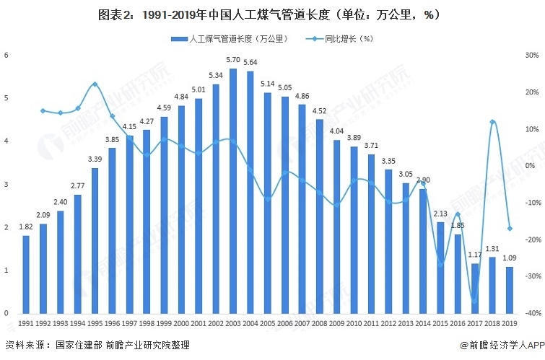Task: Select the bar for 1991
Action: (x=26, y=274)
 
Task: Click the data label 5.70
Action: (x=232, y=60)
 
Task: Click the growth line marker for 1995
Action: (x=95, y=84)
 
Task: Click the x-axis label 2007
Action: (x=302, y=325)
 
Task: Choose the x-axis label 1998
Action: (x=147, y=325)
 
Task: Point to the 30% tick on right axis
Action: (x=531, y=56)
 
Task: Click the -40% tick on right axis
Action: (x=531, y=313)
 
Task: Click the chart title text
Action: (x=272, y=14)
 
